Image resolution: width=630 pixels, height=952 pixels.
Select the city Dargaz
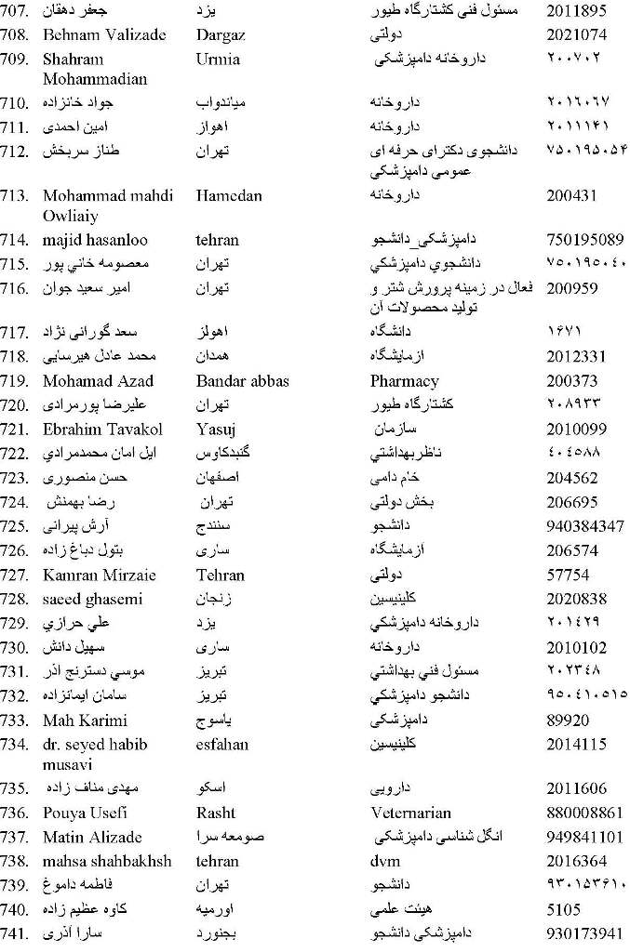[x=221, y=34]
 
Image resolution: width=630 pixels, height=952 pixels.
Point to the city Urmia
[x=218, y=59]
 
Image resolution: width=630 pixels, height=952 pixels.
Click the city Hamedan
[x=229, y=195]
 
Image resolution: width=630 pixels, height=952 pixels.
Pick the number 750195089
[x=584, y=239]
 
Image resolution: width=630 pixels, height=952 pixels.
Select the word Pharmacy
[x=404, y=380]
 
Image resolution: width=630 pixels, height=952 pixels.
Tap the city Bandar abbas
[x=242, y=380]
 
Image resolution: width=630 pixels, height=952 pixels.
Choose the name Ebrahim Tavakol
[x=102, y=429]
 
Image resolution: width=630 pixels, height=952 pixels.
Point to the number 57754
[x=567, y=575]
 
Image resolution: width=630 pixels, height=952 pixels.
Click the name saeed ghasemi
[x=96, y=600]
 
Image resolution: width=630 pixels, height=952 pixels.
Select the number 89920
[x=567, y=721]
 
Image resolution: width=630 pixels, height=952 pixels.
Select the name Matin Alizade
[x=92, y=837]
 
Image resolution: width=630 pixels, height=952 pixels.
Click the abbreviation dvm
[x=384, y=861]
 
